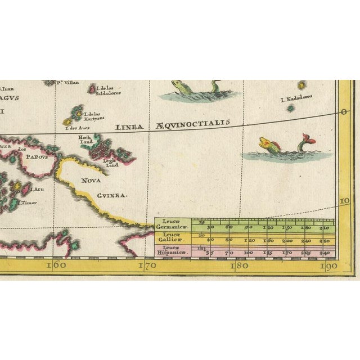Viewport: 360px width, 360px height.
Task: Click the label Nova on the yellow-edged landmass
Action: click(91, 181)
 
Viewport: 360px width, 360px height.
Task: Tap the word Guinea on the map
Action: click(112, 196)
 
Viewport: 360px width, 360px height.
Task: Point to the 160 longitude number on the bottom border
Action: click(57, 265)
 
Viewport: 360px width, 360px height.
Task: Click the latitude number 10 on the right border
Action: click(344, 201)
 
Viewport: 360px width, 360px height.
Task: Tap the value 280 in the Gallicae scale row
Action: click(325, 241)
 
